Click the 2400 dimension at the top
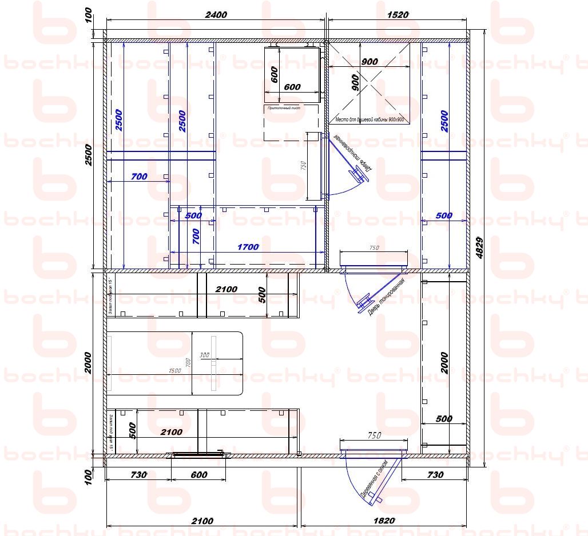point(216,15)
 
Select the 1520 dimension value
point(397,15)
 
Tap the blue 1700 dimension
point(248,247)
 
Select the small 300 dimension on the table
point(204,355)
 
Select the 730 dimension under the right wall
point(435,475)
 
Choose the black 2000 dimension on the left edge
point(88,362)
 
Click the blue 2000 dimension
point(444,362)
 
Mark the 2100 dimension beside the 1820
point(202,521)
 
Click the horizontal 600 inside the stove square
point(292,87)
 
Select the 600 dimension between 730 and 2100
point(198,475)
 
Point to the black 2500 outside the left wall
point(88,154)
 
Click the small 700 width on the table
point(187,362)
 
